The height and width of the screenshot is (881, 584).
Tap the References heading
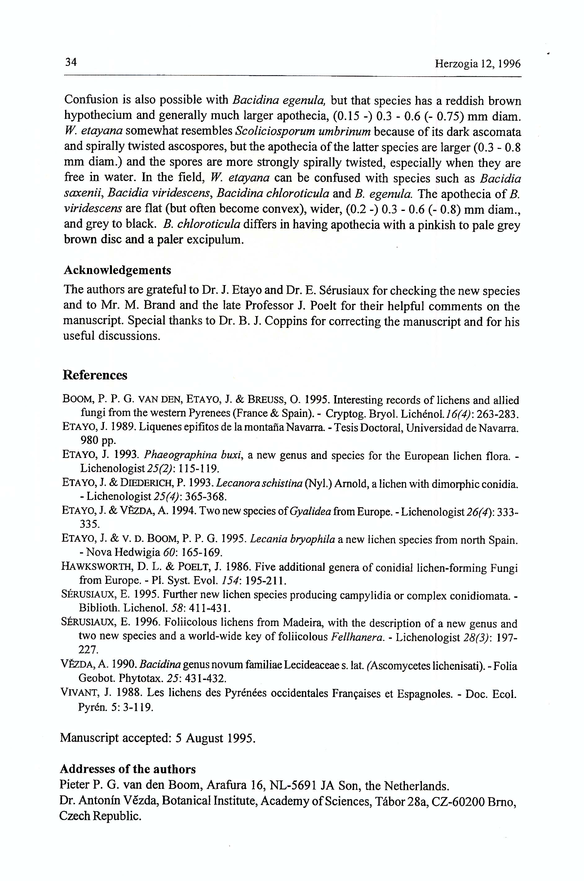click(x=95, y=375)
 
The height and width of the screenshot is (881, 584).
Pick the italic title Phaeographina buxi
click(x=193, y=455)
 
